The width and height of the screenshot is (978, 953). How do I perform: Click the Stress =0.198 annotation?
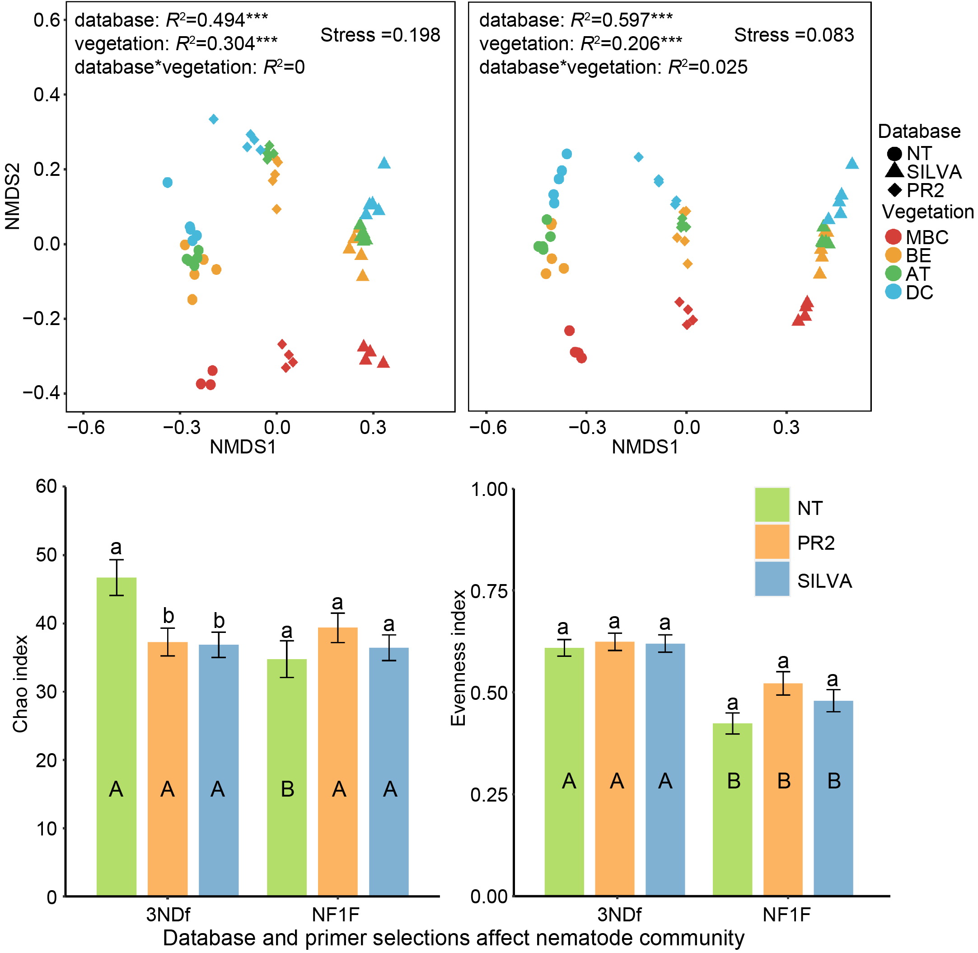tap(380, 35)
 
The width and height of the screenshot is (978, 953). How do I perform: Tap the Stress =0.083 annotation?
tap(793, 35)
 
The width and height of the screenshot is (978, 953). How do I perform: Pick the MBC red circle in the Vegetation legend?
tap(893, 237)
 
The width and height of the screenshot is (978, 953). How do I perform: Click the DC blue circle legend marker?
tap(893, 292)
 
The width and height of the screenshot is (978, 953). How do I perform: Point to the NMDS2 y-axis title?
tap(14, 196)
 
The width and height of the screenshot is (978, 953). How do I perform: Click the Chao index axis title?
tap(20, 684)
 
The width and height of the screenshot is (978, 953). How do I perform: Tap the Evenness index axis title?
tap(458, 658)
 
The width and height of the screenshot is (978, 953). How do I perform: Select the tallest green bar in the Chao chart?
tap(116, 736)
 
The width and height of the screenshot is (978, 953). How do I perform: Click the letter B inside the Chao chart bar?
tap(287, 789)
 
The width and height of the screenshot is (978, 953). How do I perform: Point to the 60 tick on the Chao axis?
tap(47, 486)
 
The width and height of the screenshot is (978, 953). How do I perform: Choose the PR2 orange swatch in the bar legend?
tap(772, 542)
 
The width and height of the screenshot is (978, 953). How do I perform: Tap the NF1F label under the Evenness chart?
tap(786, 915)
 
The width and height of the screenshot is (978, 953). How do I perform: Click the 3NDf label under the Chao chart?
tap(168, 915)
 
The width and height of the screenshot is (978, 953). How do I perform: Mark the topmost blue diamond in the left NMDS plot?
tap(214, 119)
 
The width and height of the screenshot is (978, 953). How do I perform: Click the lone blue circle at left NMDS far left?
tap(168, 182)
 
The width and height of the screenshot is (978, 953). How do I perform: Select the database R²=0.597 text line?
tap(576, 20)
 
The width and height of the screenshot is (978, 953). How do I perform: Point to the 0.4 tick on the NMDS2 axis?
tap(47, 94)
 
